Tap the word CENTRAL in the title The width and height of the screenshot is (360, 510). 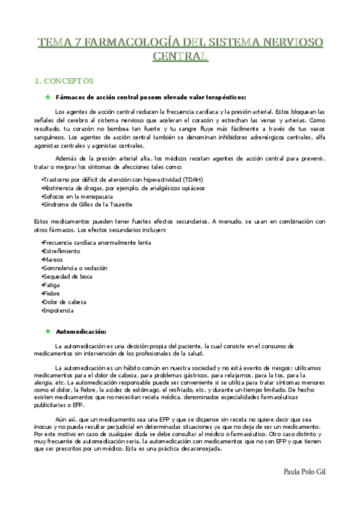click(180, 57)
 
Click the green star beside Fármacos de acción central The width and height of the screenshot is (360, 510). click(47, 97)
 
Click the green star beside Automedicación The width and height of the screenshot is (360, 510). click(47, 331)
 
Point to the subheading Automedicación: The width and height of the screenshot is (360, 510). click(81, 331)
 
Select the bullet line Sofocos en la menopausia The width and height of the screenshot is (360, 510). click(76, 196)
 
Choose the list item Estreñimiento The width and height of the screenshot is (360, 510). click(61, 251)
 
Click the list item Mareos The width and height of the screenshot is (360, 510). click(53, 259)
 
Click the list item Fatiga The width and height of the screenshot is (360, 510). click(51, 285)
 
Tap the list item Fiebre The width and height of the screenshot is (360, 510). click(50, 293)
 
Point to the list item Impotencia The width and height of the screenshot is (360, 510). click(58, 310)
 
